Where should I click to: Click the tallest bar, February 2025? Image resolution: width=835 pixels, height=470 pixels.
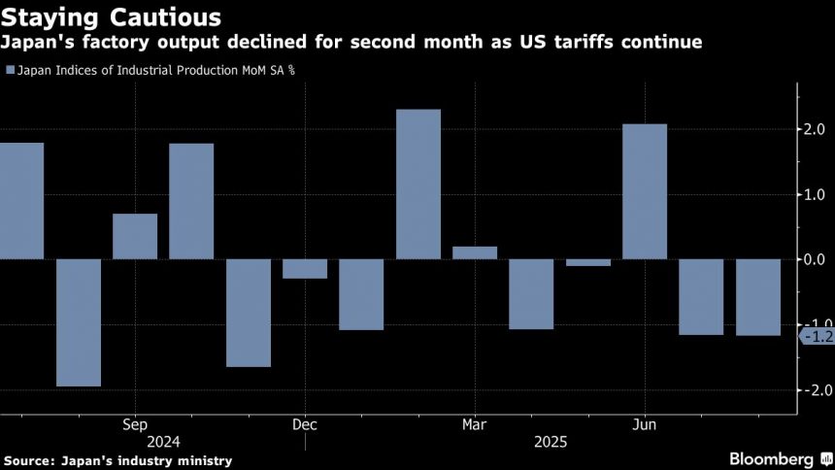418,184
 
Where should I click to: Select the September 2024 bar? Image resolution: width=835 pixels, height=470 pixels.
135,236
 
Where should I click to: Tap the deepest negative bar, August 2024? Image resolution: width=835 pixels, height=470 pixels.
79,322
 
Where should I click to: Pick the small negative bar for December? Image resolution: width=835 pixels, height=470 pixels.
305,269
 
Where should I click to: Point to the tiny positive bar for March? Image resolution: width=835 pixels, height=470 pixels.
475,252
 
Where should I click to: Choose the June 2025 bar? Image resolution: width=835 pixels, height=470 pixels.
645,191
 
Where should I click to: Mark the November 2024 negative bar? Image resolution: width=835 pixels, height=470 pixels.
249,313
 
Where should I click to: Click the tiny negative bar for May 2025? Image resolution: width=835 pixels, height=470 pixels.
588,262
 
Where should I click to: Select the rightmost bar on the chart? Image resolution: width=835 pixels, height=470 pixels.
758,297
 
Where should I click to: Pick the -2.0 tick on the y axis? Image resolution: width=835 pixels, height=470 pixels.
812,389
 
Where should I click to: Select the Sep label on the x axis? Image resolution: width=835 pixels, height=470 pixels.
135,424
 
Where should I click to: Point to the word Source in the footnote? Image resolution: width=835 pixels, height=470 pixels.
30,459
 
